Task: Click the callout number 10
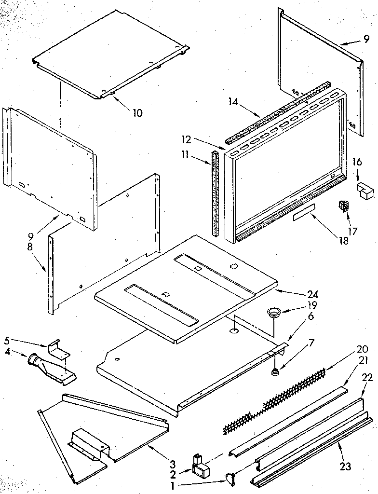pyautogui.click(x=137, y=113)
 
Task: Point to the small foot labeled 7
pyautogui.click(x=275, y=372)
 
